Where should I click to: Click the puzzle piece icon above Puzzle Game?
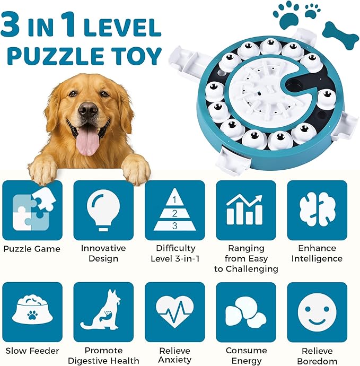(x=32, y=210)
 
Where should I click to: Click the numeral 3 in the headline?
(x=11, y=24)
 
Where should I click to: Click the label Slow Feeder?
(x=32, y=351)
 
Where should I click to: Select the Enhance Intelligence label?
(x=317, y=254)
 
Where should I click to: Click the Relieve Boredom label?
(x=317, y=356)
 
